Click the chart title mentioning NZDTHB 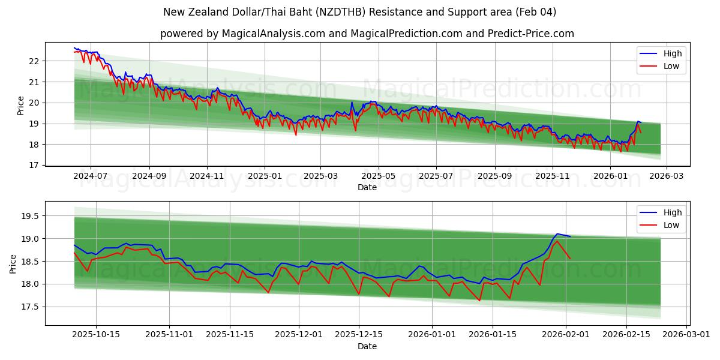pos(360,12)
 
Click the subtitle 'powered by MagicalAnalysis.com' pos(367,34)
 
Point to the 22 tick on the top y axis pos(34,61)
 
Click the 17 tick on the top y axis pos(34,166)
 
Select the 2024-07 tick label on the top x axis pos(91,176)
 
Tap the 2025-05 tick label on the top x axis pos(378,176)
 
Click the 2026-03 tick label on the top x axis pos(667,176)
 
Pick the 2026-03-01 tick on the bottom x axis pos(685,335)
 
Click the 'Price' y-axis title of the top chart pos(21,105)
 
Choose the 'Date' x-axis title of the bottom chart pos(367,346)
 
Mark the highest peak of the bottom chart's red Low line pos(557,241)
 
